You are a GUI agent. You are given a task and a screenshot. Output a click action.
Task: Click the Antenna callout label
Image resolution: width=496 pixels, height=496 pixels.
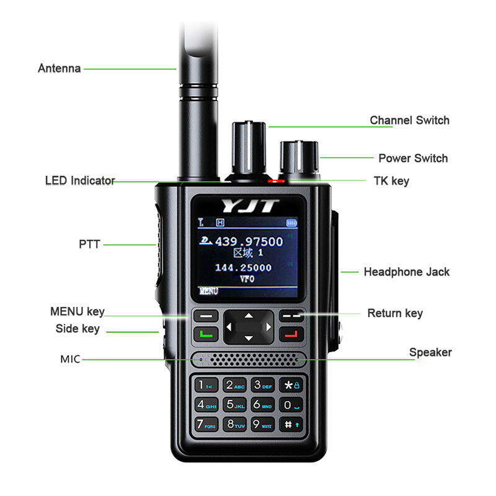point(60,68)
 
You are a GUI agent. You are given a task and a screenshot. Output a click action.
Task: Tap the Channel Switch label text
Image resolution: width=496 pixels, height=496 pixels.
point(409,120)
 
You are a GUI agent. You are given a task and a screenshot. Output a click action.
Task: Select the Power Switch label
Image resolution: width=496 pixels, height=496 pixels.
point(413,158)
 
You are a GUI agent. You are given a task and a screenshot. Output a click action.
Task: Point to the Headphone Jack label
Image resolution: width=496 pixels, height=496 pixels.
point(406,272)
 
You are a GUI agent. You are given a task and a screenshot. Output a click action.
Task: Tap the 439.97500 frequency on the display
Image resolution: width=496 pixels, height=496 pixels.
point(249,242)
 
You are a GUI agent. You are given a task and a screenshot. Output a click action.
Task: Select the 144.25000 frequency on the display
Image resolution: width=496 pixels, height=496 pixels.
point(243,267)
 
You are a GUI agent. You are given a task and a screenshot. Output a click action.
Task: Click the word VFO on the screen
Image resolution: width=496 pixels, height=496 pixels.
point(246,279)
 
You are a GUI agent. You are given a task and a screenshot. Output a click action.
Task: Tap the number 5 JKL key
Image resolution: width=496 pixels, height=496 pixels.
point(234,405)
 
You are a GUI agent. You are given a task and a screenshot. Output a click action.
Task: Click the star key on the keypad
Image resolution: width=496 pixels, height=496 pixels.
point(291,385)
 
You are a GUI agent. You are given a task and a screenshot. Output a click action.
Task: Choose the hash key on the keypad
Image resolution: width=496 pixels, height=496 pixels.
point(291,425)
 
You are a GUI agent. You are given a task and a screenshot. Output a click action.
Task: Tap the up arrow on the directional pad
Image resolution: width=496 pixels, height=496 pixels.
point(249,316)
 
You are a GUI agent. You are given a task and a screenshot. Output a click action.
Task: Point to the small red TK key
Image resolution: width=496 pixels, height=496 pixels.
point(278,181)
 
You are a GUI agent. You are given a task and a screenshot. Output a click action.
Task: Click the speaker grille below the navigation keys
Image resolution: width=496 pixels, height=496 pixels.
point(248,360)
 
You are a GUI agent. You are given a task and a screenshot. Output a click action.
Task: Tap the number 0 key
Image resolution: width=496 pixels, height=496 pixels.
point(291,405)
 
